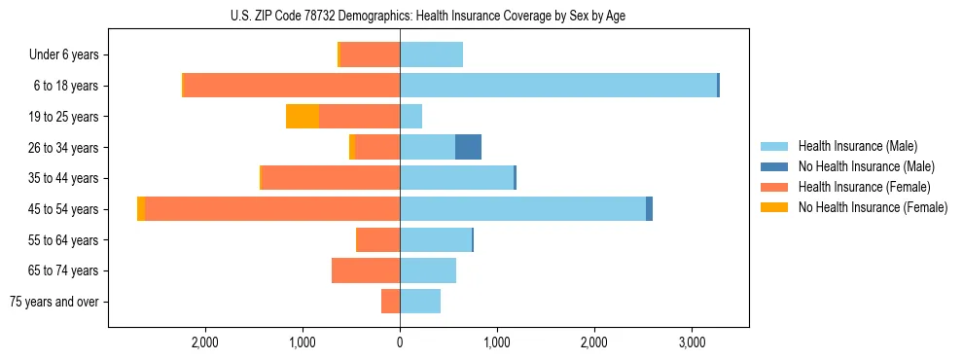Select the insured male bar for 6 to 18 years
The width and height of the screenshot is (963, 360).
pyautogui.click(x=558, y=86)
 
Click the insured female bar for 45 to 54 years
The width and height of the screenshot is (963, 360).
pyautogui.click(x=272, y=209)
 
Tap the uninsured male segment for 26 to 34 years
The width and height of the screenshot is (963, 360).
pyautogui.click(x=468, y=147)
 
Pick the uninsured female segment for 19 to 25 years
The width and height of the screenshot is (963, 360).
pyautogui.click(x=303, y=117)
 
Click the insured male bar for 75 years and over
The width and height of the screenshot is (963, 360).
pyautogui.click(x=420, y=302)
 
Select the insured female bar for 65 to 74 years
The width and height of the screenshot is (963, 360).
pyautogui.click(x=366, y=270)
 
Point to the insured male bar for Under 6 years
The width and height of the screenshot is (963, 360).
pyautogui.click(x=431, y=54)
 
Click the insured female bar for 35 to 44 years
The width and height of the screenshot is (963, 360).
pyautogui.click(x=331, y=178)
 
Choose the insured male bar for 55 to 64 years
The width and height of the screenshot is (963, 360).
pyautogui.click(x=436, y=239)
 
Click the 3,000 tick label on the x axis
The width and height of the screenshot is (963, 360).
pyautogui.click(x=692, y=343)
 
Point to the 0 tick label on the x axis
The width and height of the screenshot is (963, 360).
pyautogui.click(x=400, y=343)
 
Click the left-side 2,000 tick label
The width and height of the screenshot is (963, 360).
pyautogui.click(x=205, y=343)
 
